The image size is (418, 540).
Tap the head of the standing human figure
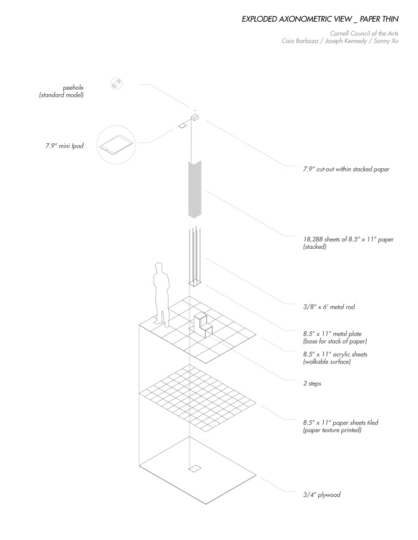(x=159, y=269)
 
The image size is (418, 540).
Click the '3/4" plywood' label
(x=321, y=495)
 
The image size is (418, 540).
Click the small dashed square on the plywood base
(x=195, y=468)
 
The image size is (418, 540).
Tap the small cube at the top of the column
(x=195, y=117)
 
